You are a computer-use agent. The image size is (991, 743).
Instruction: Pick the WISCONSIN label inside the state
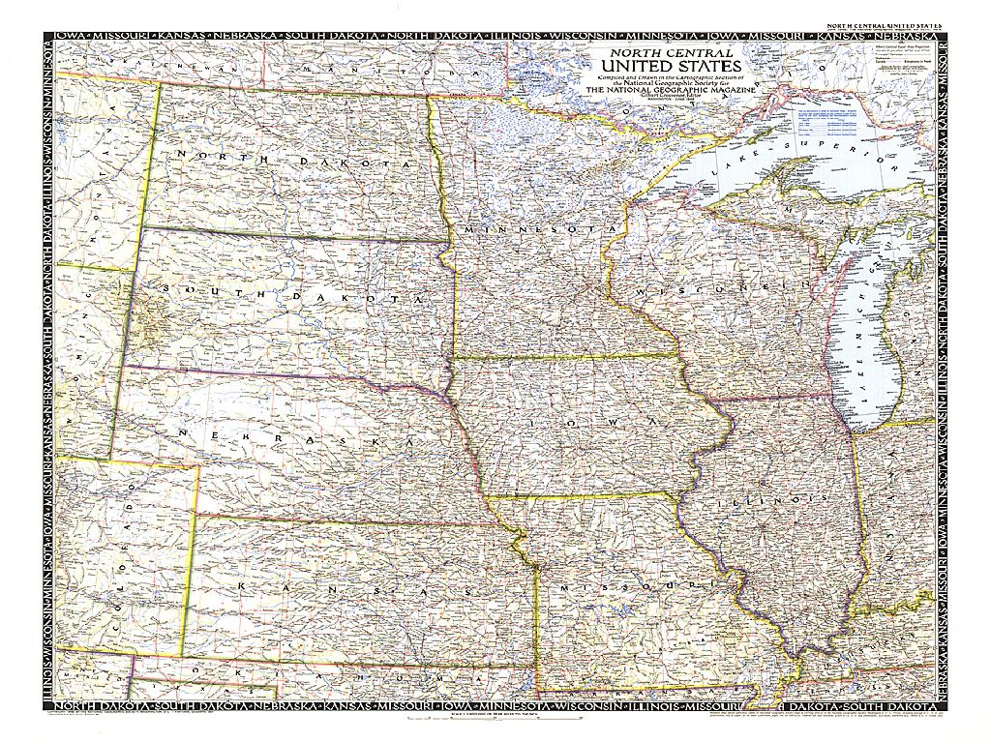720,288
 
